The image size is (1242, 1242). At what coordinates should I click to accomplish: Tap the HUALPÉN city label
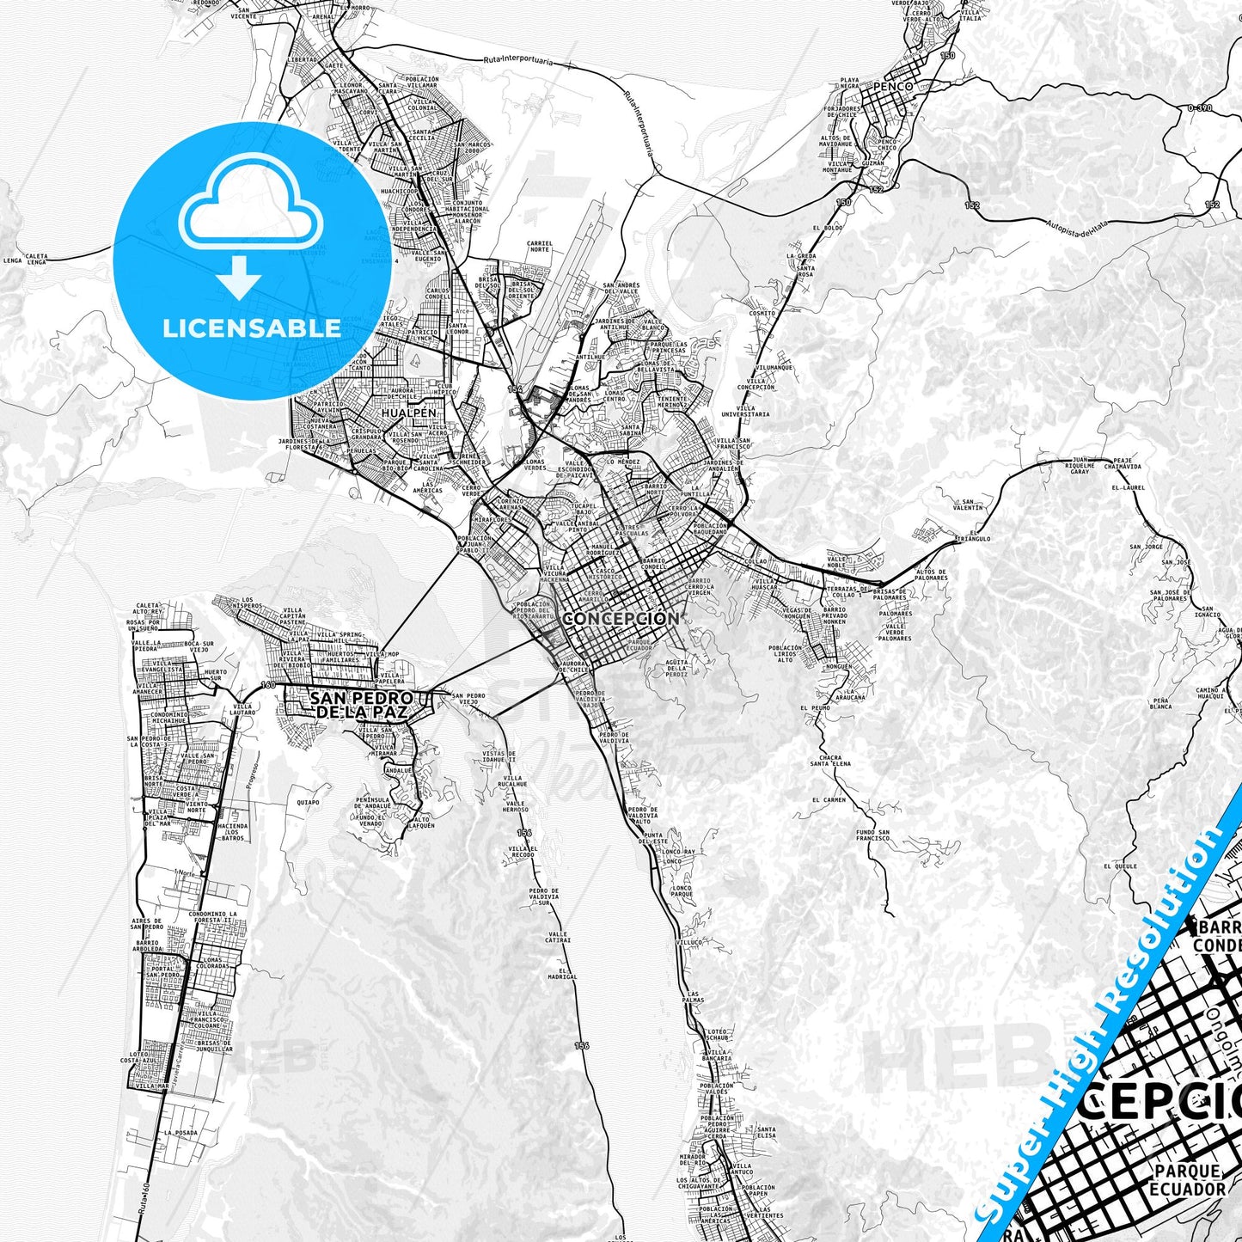(x=409, y=413)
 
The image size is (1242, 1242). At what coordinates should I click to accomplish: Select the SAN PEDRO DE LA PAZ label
(x=361, y=705)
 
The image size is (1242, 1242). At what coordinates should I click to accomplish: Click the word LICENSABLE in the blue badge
(x=252, y=327)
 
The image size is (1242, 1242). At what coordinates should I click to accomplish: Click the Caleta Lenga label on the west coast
(x=36, y=258)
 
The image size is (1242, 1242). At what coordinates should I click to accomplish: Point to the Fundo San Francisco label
(x=872, y=835)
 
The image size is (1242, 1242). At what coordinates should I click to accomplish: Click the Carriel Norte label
(x=539, y=246)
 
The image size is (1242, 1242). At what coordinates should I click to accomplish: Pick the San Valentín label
(x=968, y=505)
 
